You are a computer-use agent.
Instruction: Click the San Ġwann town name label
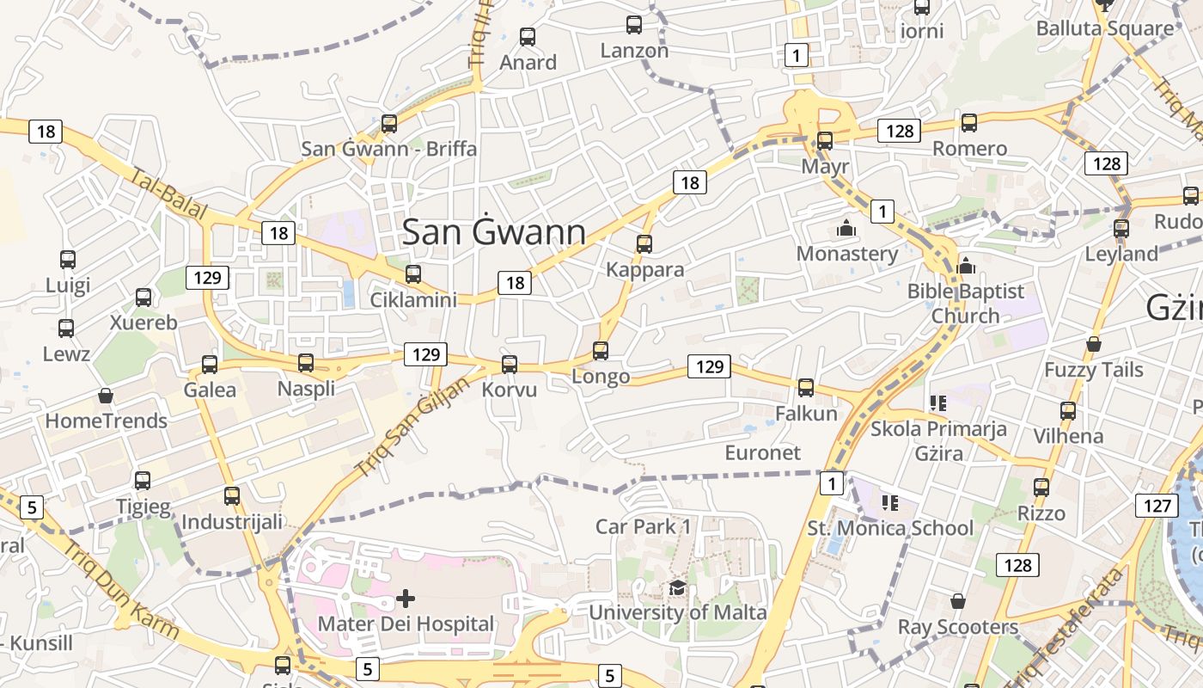(x=494, y=232)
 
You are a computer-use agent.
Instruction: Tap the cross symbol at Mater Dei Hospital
(x=406, y=598)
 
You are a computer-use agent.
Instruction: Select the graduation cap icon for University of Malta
(x=677, y=587)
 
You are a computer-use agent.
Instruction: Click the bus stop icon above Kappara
(x=644, y=243)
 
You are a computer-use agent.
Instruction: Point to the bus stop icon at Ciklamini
(x=413, y=274)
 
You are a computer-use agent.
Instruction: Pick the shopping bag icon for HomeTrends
(x=106, y=396)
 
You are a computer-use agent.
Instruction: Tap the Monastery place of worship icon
(x=846, y=229)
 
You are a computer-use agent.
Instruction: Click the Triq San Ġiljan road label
(x=412, y=427)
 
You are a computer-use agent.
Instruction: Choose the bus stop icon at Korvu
(x=510, y=364)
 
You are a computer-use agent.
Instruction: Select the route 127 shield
(x=1157, y=505)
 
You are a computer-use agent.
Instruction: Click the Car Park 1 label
(x=644, y=526)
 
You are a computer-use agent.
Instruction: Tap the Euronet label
(x=762, y=453)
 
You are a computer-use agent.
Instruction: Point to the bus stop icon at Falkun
(x=806, y=388)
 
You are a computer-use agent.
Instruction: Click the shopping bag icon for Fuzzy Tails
(x=1093, y=345)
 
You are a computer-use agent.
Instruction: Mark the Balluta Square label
(x=1104, y=28)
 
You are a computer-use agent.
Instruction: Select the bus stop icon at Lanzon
(x=634, y=25)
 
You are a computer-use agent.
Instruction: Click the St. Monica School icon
(x=889, y=502)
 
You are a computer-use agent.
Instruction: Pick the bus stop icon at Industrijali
(x=232, y=496)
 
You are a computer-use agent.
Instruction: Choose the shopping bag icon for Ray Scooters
(x=958, y=601)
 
